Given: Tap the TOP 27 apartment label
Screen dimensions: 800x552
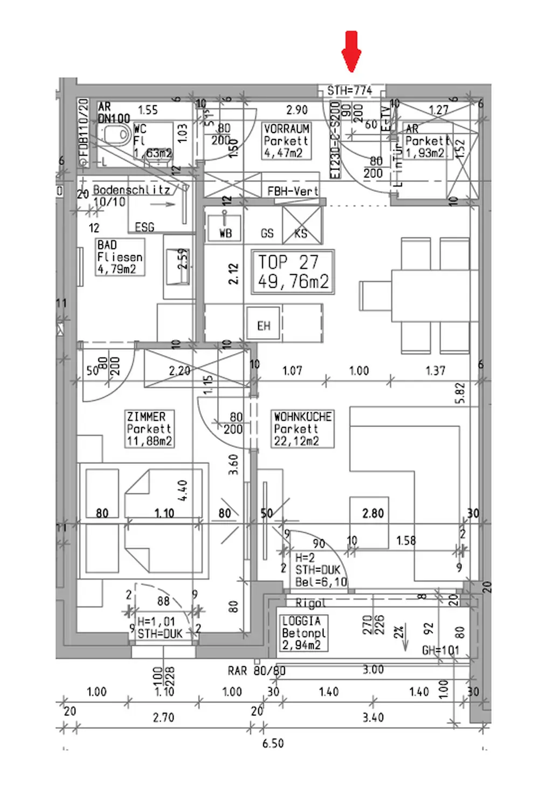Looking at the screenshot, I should point(293,272).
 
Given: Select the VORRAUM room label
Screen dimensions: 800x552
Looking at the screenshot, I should point(286,141).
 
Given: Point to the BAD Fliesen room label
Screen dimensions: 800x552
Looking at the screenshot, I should point(120,257).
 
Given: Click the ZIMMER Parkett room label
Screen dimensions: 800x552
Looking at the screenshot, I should point(149,429).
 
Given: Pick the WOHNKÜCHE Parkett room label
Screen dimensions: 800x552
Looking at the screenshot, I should point(302,429).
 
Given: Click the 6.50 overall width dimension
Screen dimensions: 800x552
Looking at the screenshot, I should point(273,743).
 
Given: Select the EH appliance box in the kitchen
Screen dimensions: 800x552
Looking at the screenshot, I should point(264,326).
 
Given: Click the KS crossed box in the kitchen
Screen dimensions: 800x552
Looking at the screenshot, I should point(301,225).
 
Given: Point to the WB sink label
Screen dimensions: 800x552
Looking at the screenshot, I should point(225,233).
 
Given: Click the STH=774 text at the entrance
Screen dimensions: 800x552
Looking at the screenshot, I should point(350,91).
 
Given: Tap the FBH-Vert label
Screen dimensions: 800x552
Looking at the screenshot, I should point(293,191).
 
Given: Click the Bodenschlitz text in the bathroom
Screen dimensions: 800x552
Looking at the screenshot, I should point(132,190).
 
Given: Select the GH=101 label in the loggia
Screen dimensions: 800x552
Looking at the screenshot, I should point(440,650).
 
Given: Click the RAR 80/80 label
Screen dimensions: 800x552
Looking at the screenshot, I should point(256,671).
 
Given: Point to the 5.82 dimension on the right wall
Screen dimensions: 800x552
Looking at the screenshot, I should point(460,394).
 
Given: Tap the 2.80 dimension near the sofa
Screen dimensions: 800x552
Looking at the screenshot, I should point(372,513).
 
